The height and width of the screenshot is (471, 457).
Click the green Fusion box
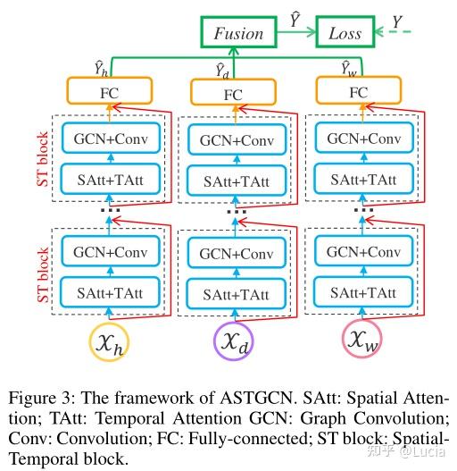pyautogui.click(x=238, y=33)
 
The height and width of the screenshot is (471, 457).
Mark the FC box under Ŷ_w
pyautogui.click(x=357, y=92)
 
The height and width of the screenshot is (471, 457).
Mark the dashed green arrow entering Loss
pyautogui.click(x=393, y=33)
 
